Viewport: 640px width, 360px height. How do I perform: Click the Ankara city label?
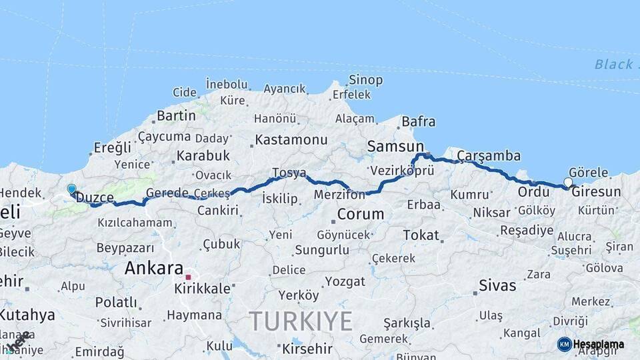click(x=154, y=269)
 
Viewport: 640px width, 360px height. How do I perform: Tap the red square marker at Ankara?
click(x=189, y=277)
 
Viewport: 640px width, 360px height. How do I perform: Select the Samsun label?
click(x=395, y=146)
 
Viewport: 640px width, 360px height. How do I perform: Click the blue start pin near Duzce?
click(x=71, y=189)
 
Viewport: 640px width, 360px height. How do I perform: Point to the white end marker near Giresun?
click(x=568, y=182)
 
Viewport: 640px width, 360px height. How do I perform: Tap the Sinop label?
click(x=365, y=81)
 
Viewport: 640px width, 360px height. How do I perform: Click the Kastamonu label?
click(x=292, y=140)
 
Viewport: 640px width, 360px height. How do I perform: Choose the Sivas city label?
click(x=497, y=285)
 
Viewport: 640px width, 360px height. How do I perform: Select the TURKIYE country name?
click(x=301, y=321)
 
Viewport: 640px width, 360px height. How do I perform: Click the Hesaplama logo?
click(x=591, y=344)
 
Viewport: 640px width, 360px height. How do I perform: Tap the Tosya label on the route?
click(x=289, y=173)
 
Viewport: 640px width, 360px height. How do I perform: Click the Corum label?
click(x=361, y=214)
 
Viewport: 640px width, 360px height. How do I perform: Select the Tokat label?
click(x=421, y=235)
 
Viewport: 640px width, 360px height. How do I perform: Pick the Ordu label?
click(x=533, y=192)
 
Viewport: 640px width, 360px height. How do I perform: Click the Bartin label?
click(x=176, y=115)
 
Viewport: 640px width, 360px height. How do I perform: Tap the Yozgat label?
click(x=345, y=281)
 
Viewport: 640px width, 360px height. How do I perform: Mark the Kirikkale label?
click(x=202, y=289)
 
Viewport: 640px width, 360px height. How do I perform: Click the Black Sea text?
click(x=613, y=64)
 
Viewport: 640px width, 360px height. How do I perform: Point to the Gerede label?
click(x=167, y=193)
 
